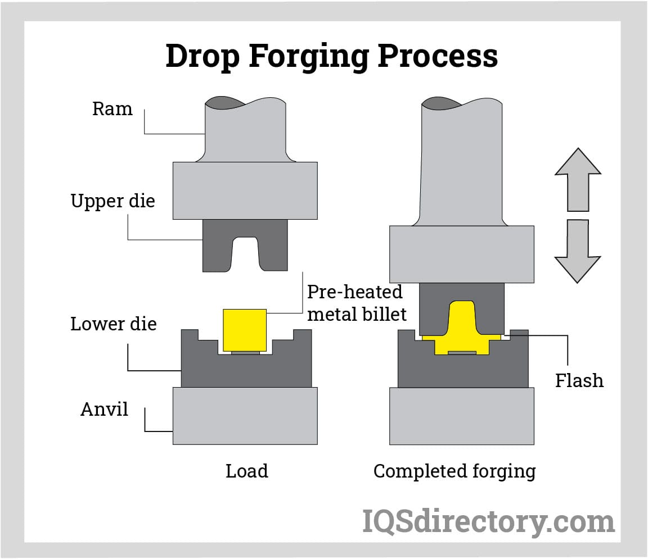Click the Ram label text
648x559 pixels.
coord(112,108)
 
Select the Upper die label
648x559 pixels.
coord(112,201)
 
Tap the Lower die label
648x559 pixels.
coord(113,324)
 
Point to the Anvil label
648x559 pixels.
coord(104,409)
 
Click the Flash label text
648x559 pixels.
coord(579,380)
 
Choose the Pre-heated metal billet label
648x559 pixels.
coord(356,303)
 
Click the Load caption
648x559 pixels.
coord(246,471)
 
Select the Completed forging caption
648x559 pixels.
coord(454,471)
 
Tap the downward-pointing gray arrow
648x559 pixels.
coord(578,251)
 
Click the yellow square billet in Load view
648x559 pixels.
coord(245,330)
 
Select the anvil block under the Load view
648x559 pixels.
coord(245,416)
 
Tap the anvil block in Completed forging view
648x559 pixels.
coord(461,416)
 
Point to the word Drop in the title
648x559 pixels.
coord(202,56)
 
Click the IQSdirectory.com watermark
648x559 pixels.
coord(488,522)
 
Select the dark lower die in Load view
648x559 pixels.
coord(246,371)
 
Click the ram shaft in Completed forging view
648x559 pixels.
coord(461,163)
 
